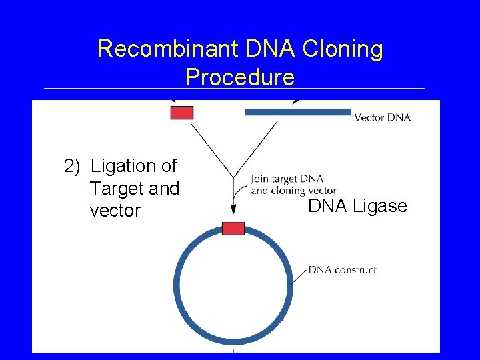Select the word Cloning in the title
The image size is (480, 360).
click(344, 49)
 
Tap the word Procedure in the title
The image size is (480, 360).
click(240, 77)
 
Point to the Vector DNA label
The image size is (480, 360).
click(382, 117)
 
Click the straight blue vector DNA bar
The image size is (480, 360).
click(297, 112)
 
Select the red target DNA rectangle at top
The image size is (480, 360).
click(181, 112)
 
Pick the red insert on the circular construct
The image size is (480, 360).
click(233, 228)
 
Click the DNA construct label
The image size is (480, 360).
click(343, 270)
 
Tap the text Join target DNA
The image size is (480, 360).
click(287, 179)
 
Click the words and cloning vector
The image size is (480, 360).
click(293, 191)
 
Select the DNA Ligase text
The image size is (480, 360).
click(357, 206)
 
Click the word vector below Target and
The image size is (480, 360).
click(115, 211)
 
